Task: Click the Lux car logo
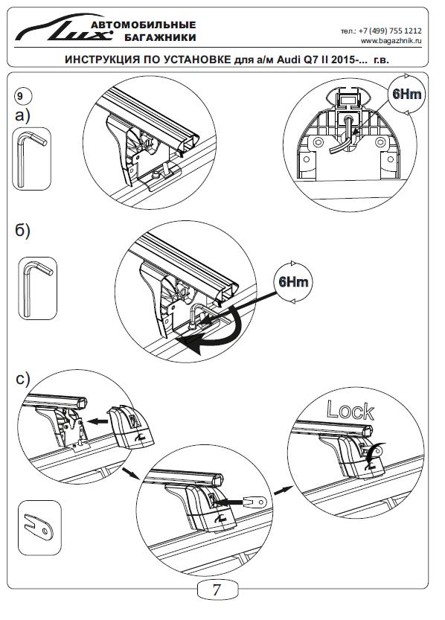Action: tap(63, 28)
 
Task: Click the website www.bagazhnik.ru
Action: tap(391, 41)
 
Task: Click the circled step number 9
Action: tap(21, 96)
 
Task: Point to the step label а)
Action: tap(22, 115)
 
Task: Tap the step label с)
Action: tap(23, 379)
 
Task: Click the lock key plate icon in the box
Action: tap(39, 527)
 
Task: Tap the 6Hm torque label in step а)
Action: tap(406, 94)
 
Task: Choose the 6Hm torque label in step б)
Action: tap(293, 282)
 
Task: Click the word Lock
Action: tap(350, 410)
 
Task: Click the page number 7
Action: tap(217, 589)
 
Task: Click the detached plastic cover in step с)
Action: tap(131, 427)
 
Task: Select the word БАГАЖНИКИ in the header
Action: tap(160, 38)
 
